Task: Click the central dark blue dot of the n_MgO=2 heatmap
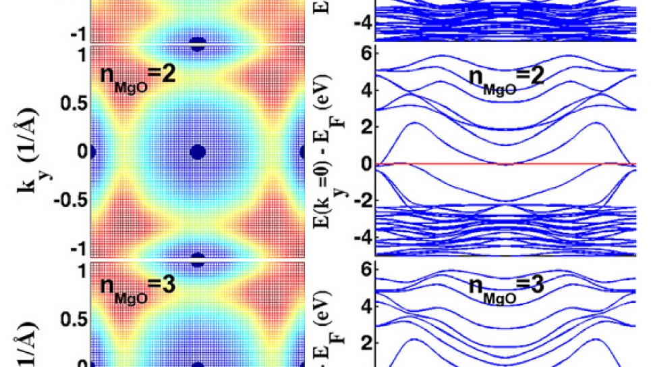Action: point(197,152)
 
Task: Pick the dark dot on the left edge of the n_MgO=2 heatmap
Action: point(92,152)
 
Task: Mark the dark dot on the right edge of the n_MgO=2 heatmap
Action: point(302,152)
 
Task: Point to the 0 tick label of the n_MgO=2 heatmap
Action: point(80,152)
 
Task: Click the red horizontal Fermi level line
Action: point(438,164)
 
